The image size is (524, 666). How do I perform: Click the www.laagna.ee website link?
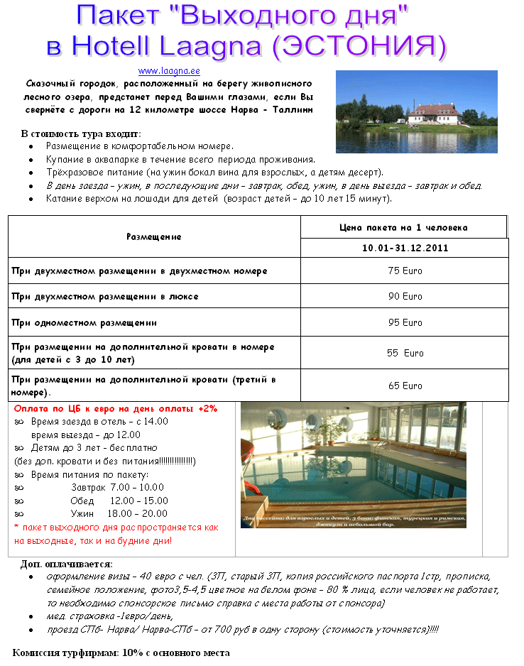(169, 71)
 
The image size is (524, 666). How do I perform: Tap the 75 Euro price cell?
(405, 271)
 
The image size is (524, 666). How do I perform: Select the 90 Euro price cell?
(405, 297)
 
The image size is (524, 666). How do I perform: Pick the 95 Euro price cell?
(405, 323)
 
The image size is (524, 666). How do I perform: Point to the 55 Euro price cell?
(405, 353)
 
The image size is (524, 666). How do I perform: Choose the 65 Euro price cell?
(405, 386)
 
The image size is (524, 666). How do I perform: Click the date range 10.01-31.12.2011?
(405, 249)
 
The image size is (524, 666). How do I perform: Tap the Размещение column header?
(153, 236)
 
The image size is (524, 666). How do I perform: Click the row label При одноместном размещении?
(84, 323)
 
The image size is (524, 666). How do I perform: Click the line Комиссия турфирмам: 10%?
(121, 653)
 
